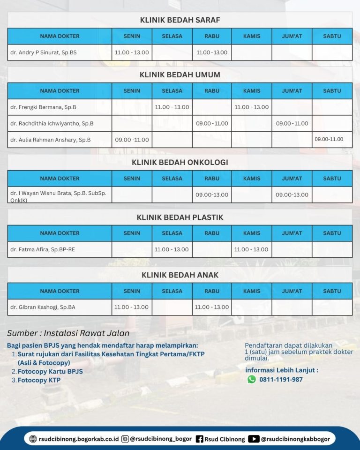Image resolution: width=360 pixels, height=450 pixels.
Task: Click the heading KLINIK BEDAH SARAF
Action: tap(180, 20)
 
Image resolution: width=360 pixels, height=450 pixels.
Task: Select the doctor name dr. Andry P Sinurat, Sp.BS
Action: tap(43, 52)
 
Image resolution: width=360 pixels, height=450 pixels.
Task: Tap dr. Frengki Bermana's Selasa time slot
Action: tap(172, 107)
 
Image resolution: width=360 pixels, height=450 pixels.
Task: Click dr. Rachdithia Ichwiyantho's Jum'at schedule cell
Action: tap(292, 124)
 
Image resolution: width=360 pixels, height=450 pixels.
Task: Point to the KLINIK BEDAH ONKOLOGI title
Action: tap(180, 163)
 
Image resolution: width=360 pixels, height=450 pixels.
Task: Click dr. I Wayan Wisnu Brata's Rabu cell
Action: tap(212, 195)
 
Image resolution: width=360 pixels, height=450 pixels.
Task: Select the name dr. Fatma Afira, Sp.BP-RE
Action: tap(43, 249)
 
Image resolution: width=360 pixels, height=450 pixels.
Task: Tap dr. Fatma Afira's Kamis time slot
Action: tap(251, 249)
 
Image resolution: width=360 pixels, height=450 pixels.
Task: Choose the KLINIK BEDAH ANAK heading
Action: tap(180, 275)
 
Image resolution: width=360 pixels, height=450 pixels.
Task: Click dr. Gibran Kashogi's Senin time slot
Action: tap(132, 307)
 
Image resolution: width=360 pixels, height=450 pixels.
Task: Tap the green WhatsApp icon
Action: tap(252, 379)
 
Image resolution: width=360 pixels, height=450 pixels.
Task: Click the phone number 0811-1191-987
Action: tap(281, 380)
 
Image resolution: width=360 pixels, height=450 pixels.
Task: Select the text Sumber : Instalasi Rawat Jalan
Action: tap(68, 333)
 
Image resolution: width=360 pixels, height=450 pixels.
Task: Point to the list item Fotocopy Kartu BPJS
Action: tap(50, 371)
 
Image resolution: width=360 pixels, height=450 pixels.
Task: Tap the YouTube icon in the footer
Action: tap(254, 439)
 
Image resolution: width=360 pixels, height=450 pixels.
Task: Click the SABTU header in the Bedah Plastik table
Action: tap(332, 233)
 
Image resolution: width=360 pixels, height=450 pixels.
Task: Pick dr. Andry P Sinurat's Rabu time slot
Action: tap(212, 52)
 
